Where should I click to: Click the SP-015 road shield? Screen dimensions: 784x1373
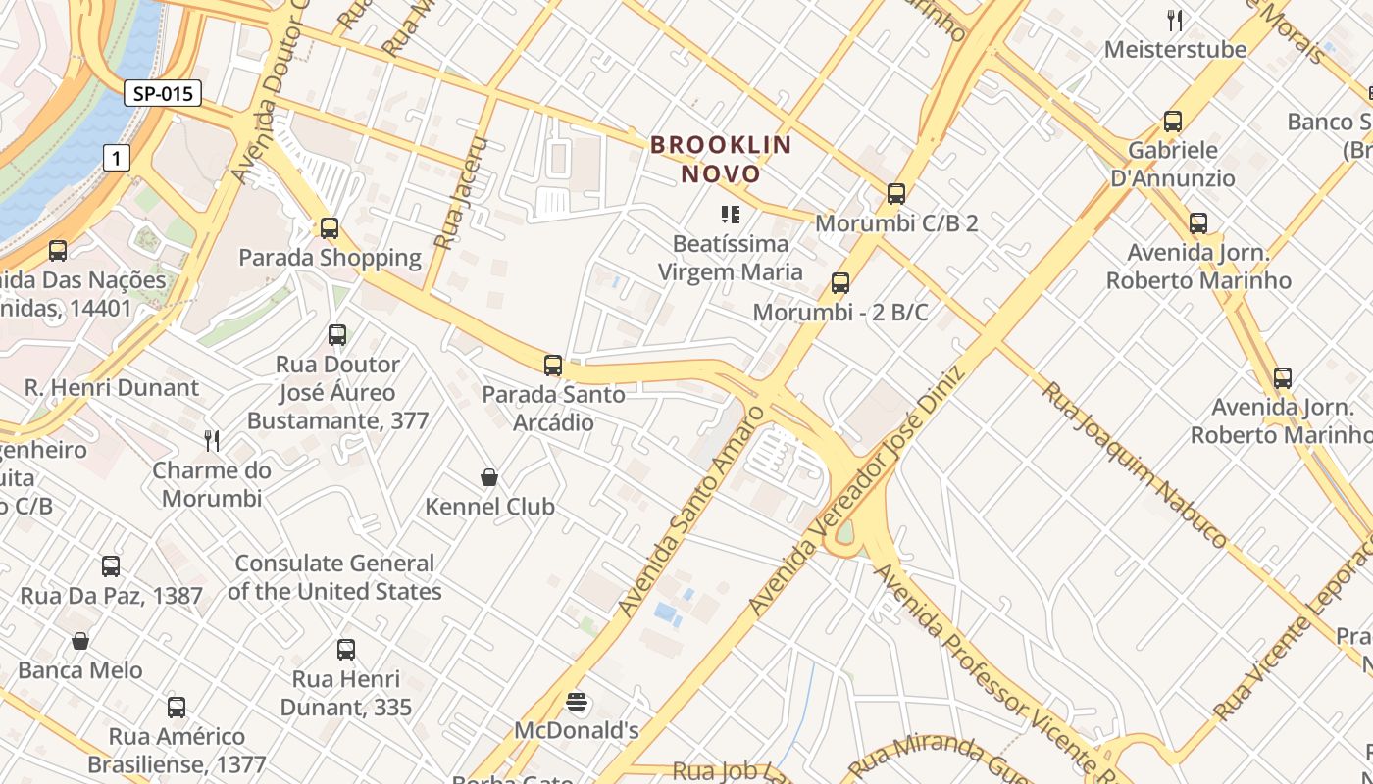[x=163, y=94]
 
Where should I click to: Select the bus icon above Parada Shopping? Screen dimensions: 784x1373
[x=330, y=228]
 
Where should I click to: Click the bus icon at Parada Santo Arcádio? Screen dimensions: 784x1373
[x=553, y=366]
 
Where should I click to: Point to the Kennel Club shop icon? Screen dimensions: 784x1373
[x=489, y=477]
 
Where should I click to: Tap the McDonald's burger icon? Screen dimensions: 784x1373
[x=577, y=702]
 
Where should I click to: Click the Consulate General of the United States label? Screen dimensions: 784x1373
[x=334, y=577]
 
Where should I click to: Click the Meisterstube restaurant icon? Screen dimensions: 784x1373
[x=1175, y=20]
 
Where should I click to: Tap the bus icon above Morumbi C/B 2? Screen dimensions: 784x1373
[x=895, y=193]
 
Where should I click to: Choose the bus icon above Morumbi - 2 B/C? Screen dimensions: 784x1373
[x=839, y=283]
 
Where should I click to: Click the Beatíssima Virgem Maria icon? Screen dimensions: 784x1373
[x=730, y=214]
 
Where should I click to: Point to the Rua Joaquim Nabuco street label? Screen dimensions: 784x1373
[x=1134, y=465]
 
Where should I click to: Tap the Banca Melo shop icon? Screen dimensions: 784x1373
[x=80, y=641]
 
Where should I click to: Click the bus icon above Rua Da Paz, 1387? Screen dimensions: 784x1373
[x=111, y=565]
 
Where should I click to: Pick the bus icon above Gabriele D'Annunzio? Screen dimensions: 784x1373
[x=1172, y=122]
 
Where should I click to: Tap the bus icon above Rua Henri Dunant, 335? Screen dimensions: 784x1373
[x=345, y=649]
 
